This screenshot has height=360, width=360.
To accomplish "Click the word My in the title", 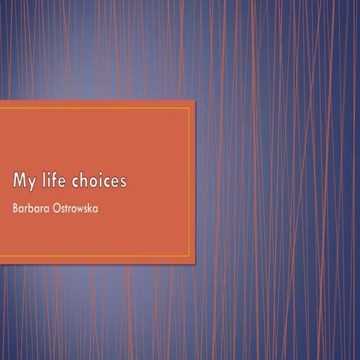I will tap(26, 181).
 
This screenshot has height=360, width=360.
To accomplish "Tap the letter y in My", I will tap(33, 184).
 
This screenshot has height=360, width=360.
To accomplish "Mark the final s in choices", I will tap(122, 183).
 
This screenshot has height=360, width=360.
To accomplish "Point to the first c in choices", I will tap(76, 183).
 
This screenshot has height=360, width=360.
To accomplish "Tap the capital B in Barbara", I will tap(16, 206).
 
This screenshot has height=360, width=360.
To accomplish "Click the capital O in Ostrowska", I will tap(57, 206).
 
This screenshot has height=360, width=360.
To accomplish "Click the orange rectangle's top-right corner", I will tap(194, 100).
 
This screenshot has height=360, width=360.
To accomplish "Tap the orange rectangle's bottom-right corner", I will tap(194, 262).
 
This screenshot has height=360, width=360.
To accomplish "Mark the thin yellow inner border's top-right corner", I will tap(189, 108).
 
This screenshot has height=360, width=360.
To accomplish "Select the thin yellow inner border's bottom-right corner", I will tap(189, 256).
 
